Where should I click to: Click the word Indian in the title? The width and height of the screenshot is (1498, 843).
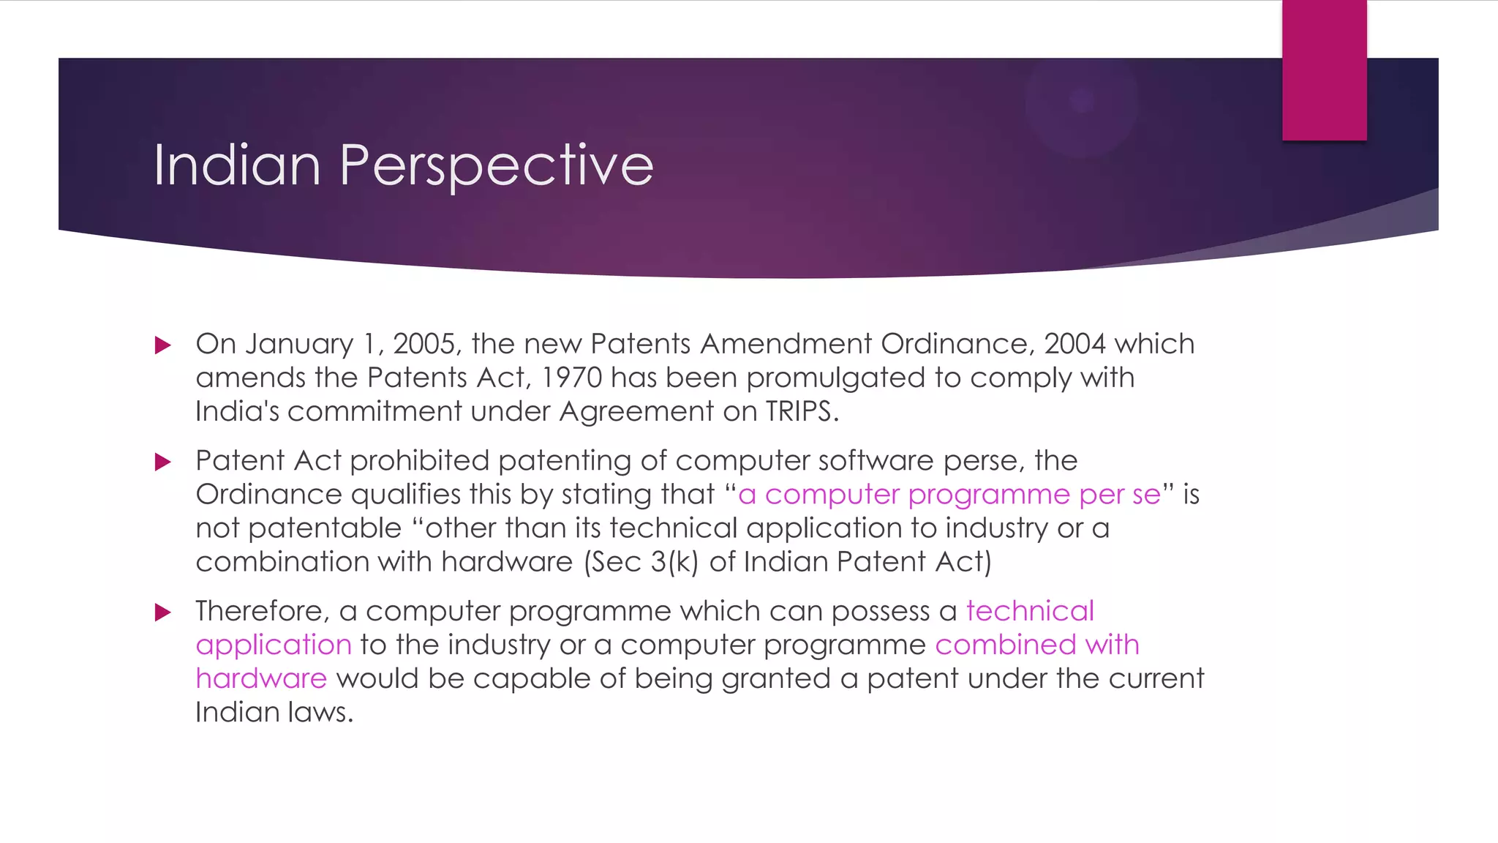pyautogui.click(x=237, y=165)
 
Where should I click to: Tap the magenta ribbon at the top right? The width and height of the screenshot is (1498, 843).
pyautogui.click(x=1324, y=70)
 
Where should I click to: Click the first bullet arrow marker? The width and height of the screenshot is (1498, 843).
pyautogui.click(x=163, y=345)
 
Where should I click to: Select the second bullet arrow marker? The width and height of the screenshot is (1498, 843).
pyautogui.click(x=163, y=462)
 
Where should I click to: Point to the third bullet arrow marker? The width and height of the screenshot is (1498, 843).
pyautogui.click(x=163, y=612)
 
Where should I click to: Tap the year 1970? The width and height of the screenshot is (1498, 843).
pyautogui.click(x=572, y=378)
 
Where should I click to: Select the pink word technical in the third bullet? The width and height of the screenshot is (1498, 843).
pyautogui.click(x=1030, y=611)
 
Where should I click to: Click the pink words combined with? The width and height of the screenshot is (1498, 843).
pyautogui.click(x=1036, y=645)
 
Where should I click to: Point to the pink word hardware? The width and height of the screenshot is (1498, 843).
pyautogui.click(x=261, y=678)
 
